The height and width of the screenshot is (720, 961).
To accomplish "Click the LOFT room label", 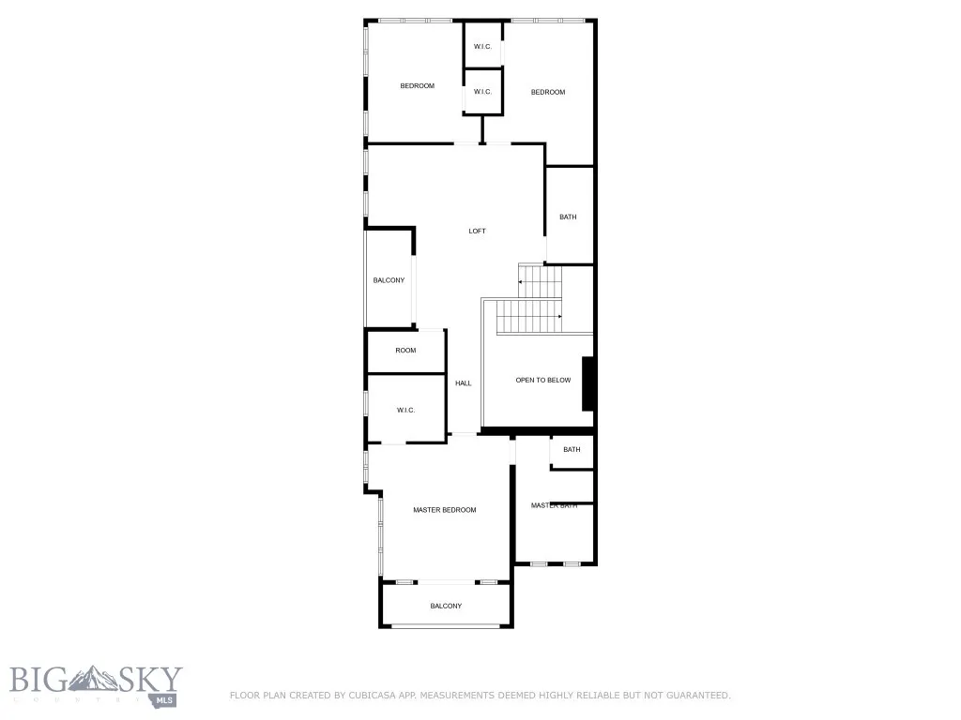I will (x=478, y=232).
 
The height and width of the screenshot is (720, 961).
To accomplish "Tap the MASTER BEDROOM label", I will (x=445, y=510).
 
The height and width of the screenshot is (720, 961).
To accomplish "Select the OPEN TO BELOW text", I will (x=542, y=380).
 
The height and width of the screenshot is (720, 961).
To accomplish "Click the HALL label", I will (x=464, y=383).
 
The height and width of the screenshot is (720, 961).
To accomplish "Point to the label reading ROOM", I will (x=405, y=351).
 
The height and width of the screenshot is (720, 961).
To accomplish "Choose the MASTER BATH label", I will (x=554, y=505).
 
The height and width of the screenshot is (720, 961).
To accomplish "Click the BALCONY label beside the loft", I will (x=389, y=280).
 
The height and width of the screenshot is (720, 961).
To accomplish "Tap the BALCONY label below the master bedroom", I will (x=446, y=606).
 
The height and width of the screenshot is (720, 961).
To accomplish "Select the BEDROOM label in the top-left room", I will (x=418, y=86).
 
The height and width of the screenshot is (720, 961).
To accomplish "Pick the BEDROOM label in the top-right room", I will (x=548, y=92).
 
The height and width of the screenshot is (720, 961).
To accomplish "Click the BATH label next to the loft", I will (x=568, y=217).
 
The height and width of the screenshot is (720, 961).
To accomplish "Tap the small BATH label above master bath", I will (x=572, y=450).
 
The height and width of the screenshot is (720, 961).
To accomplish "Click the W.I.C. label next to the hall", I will (x=405, y=410).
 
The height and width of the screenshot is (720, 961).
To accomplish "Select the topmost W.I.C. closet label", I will (x=482, y=47).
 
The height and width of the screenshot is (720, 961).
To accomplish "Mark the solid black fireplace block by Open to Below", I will (x=587, y=383).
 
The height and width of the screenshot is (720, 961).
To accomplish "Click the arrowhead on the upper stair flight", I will (x=521, y=281).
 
